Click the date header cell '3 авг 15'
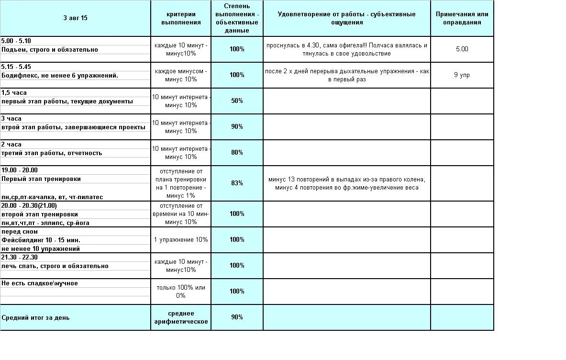[x=75, y=18]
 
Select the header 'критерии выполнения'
[x=181, y=18]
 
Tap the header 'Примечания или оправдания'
[x=462, y=18]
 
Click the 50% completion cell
[x=237, y=101]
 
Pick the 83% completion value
[x=237, y=183]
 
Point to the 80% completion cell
[x=237, y=153]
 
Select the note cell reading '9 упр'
[x=462, y=75]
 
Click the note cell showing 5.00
[x=462, y=49]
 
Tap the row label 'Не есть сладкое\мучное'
[x=40, y=283]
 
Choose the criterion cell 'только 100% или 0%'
[x=181, y=292]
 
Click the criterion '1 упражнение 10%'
[x=181, y=240]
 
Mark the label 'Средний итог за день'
[x=35, y=317]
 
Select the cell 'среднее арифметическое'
[x=181, y=317]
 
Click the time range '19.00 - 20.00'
[x=20, y=170]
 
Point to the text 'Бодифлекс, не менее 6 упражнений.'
[x=60, y=76]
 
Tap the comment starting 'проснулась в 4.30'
[x=346, y=49]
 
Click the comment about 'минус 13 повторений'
[x=346, y=183]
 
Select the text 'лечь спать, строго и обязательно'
[x=55, y=266]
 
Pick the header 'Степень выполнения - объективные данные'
[x=237, y=18]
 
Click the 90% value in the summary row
[x=237, y=317]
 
